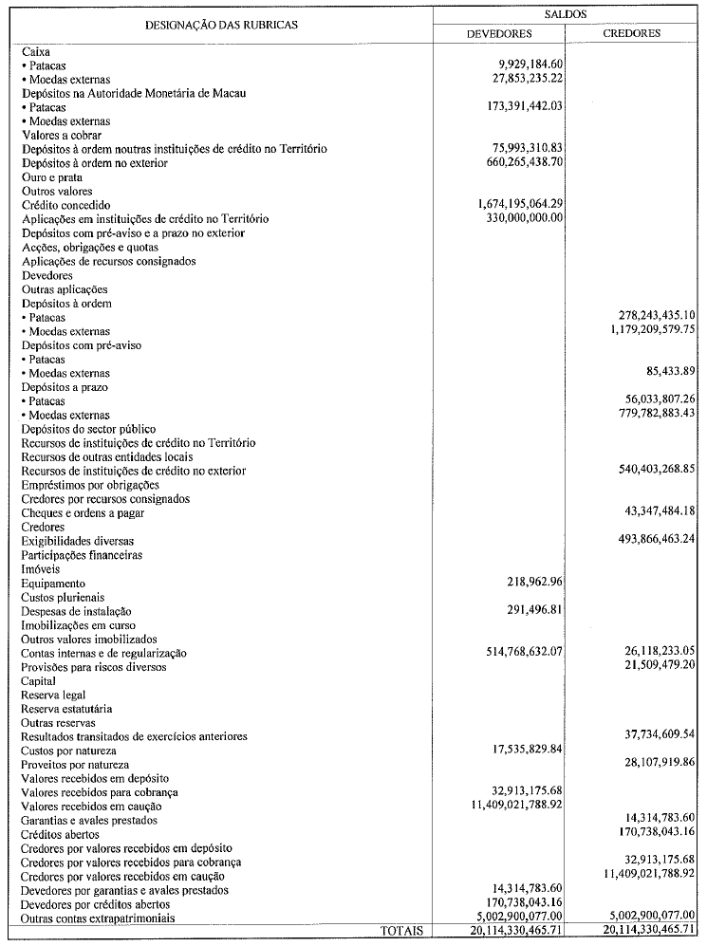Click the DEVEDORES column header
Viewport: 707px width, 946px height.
pos(499,33)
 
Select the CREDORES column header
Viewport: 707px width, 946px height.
pos(632,33)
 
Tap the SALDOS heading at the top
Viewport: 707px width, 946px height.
pos(566,13)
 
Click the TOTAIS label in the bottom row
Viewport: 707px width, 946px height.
pos(401,932)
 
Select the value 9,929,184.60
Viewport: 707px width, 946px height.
pos(525,65)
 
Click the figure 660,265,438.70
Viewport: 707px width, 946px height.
pos(517,163)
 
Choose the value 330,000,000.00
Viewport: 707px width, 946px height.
pos(517,218)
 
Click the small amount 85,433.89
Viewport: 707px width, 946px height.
pos(671,373)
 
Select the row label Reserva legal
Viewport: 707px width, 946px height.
pos(54,695)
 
